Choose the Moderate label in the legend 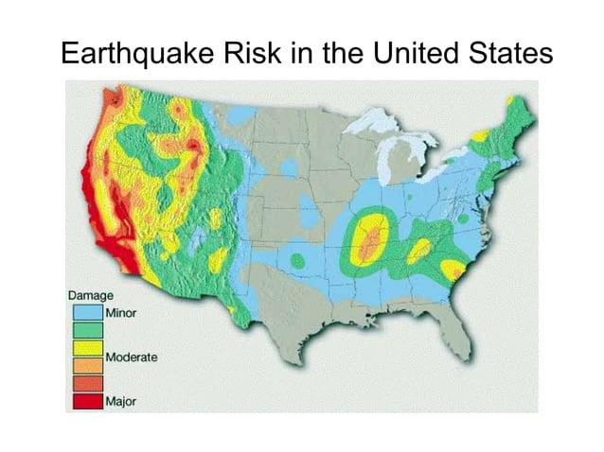(132, 357)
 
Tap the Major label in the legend (120, 401)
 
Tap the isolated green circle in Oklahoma (297, 260)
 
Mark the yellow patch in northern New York (480, 136)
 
